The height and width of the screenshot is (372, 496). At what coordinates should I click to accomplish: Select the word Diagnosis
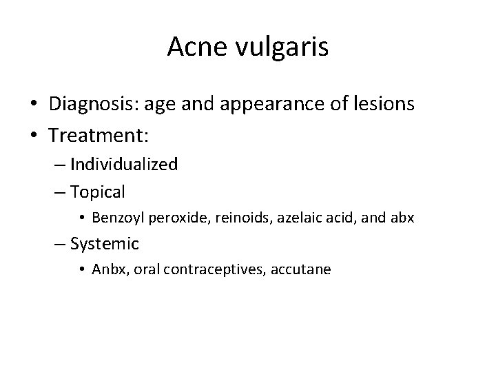91,104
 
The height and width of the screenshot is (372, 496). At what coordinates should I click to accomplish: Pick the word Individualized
124,165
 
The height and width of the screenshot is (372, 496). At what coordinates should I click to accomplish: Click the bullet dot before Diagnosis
34,105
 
